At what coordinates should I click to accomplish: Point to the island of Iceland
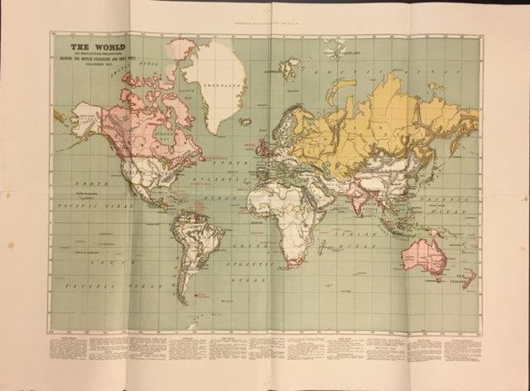coord(244,121)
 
